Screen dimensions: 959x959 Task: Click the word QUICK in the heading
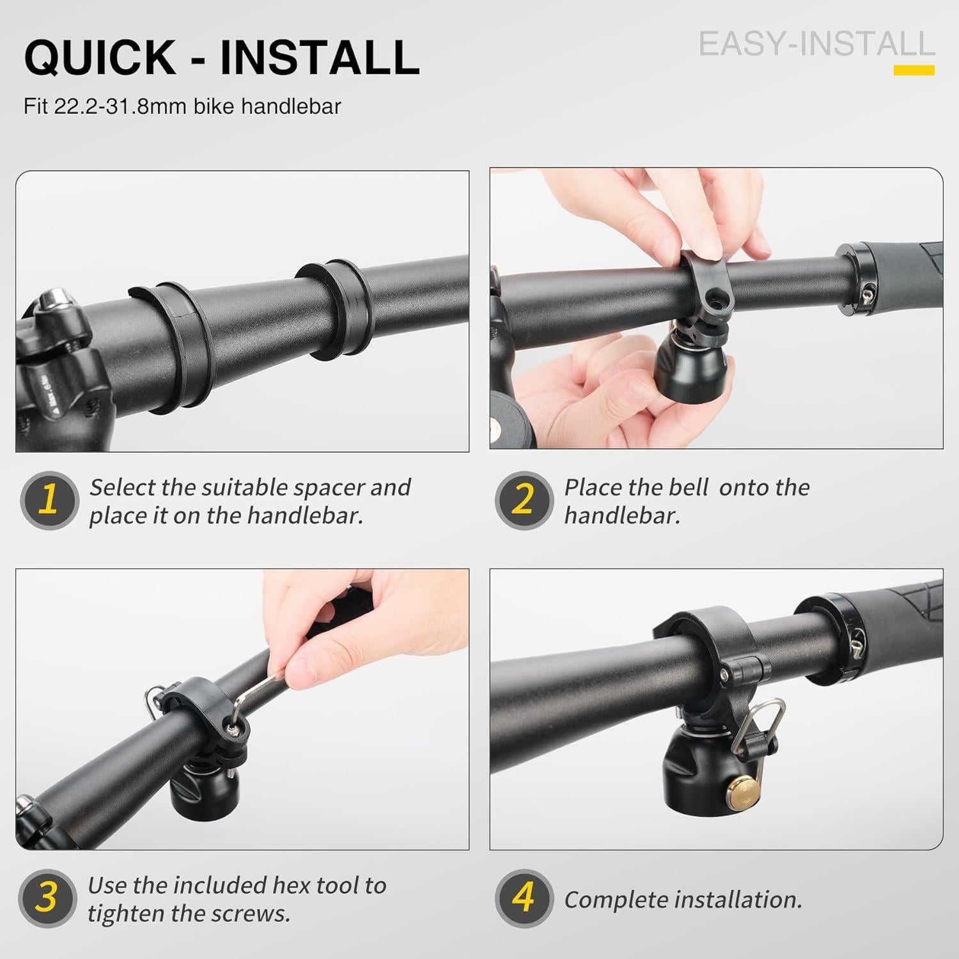(x=100, y=58)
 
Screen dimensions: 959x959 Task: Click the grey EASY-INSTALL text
(x=817, y=44)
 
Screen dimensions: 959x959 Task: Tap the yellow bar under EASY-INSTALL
(x=914, y=70)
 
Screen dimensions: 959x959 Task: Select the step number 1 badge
(x=49, y=501)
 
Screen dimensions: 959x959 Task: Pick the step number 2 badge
(x=524, y=501)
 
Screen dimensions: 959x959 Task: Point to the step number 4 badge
(x=524, y=899)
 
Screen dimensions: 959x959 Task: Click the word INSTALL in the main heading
(x=320, y=58)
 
